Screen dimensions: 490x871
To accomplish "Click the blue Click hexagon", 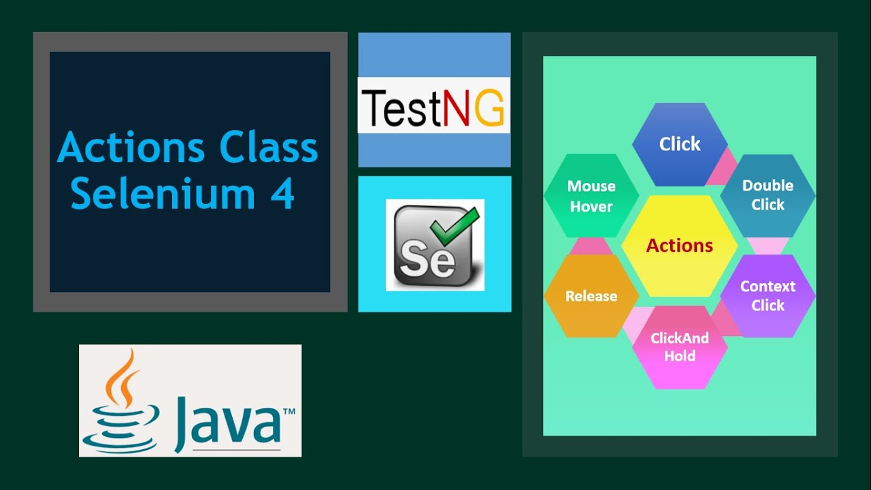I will (680, 144).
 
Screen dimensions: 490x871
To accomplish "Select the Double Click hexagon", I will (768, 195).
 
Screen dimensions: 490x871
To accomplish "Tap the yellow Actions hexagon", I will (680, 246).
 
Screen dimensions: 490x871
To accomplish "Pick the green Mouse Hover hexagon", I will (591, 195).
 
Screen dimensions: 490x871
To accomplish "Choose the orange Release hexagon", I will (591, 296).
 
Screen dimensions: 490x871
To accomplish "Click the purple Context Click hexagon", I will (768, 296).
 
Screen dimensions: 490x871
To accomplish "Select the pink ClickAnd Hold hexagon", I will (680, 347).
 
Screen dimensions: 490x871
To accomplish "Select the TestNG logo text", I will (433, 108).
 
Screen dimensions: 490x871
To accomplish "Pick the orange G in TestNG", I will (489, 109).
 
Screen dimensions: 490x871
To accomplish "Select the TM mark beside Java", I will (289, 412).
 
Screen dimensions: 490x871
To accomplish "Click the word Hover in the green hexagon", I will (591, 207).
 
